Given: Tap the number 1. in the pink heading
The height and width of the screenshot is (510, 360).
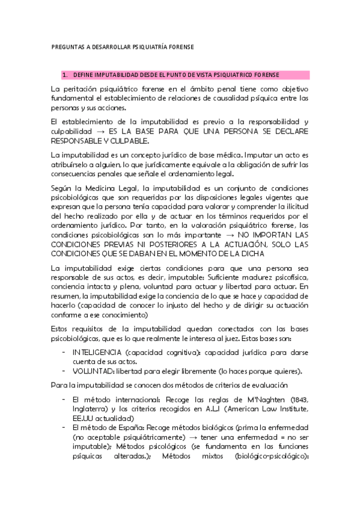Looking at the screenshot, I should coord(65,75).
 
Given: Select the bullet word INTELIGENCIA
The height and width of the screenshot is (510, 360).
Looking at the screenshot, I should coord(96,352).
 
